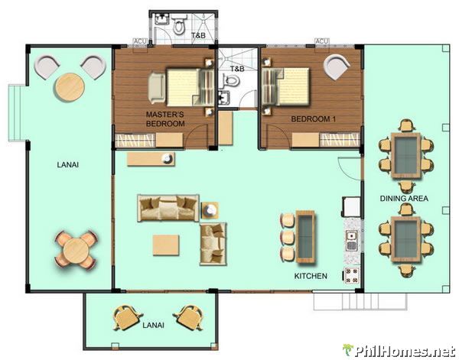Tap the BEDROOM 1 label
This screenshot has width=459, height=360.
click(314, 119)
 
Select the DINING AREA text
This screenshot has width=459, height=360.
click(404, 199)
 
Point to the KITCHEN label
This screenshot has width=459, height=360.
click(311, 275)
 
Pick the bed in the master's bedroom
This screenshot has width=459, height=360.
click(184, 86)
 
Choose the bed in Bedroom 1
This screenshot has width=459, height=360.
click(287, 86)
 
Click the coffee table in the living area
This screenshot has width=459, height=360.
click(167, 245)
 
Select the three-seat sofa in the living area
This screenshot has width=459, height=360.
click(168, 207)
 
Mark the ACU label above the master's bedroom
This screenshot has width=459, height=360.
click(140, 41)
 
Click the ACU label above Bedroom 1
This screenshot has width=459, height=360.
click(321, 41)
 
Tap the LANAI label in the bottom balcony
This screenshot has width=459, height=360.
click(153, 325)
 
